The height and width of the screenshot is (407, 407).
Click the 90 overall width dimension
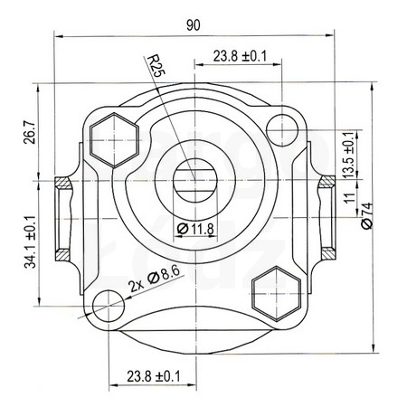[x=193, y=25]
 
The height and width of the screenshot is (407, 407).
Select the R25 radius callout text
[x=156, y=66]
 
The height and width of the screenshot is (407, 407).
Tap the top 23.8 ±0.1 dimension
[x=241, y=56]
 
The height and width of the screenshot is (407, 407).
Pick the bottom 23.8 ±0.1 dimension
[x=154, y=376]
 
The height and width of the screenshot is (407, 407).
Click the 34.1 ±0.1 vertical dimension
[x=31, y=241]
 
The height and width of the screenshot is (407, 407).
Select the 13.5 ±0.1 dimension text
[x=349, y=155]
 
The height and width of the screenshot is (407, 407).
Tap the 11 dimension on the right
[x=350, y=198]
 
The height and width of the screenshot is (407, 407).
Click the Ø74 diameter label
[x=367, y=216]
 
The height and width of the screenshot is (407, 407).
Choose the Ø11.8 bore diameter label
[x=195, y=229]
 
